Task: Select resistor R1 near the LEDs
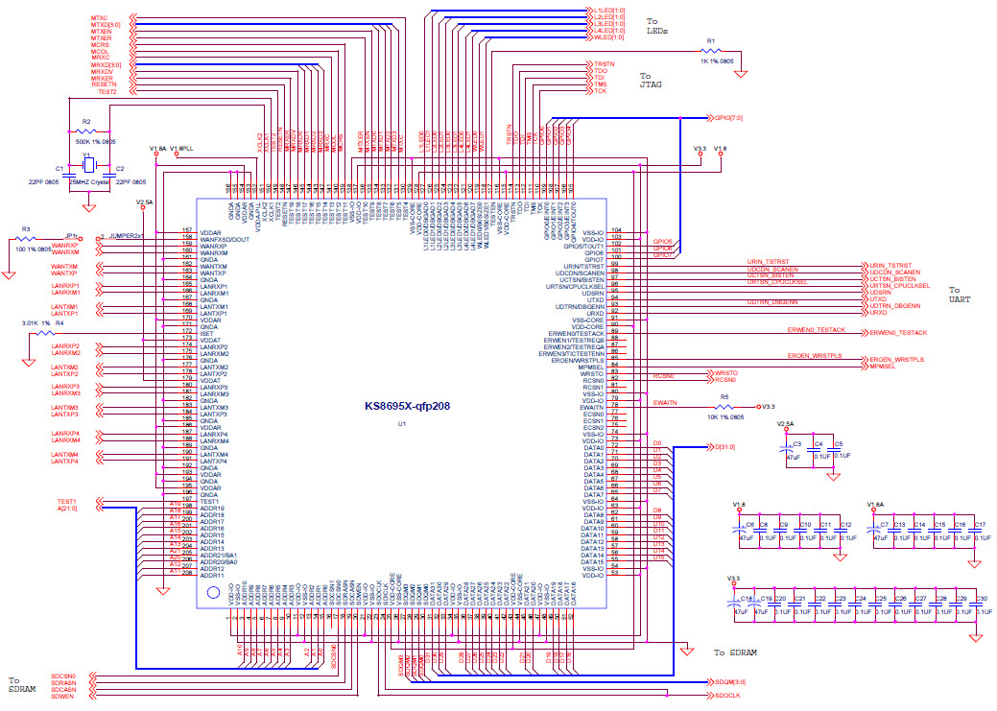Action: click(711, 52)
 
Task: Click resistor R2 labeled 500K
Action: click(87, 131)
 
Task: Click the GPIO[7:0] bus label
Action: click(728, 118)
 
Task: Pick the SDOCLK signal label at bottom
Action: click(725, 696)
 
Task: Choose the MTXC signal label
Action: click(99, 17)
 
